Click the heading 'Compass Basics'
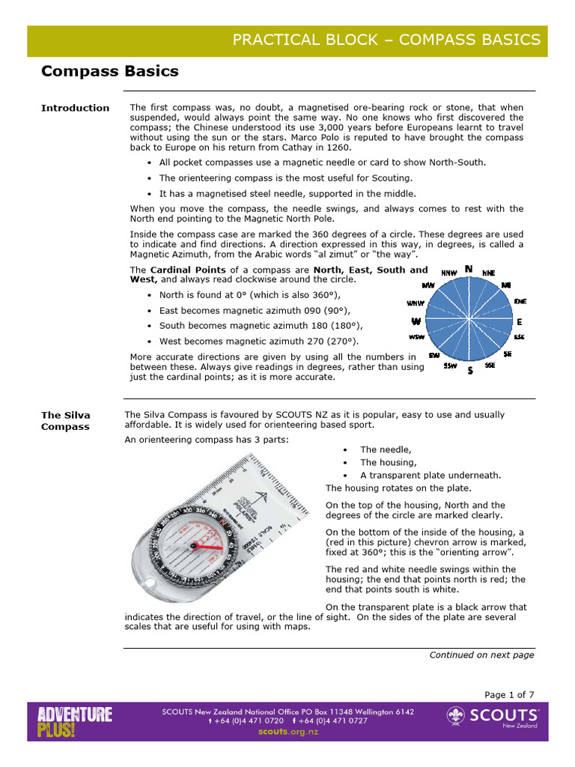click(x=109, y=72)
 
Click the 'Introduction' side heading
click(x=75, y=108)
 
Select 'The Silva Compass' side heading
click(x=66, y=421)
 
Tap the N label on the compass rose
click(x=469, y=269)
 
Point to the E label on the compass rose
click(x=519, y=321)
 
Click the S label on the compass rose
click(x=469, y=371)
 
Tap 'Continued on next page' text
click(x=481, y=655)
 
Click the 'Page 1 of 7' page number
click(x=510, y=694)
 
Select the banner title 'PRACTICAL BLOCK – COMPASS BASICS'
click(x=386, y=40)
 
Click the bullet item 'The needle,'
click(x=386, y=449)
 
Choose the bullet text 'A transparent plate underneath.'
click(x=431, y=475)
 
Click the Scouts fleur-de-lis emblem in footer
click(x=457, y=718)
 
